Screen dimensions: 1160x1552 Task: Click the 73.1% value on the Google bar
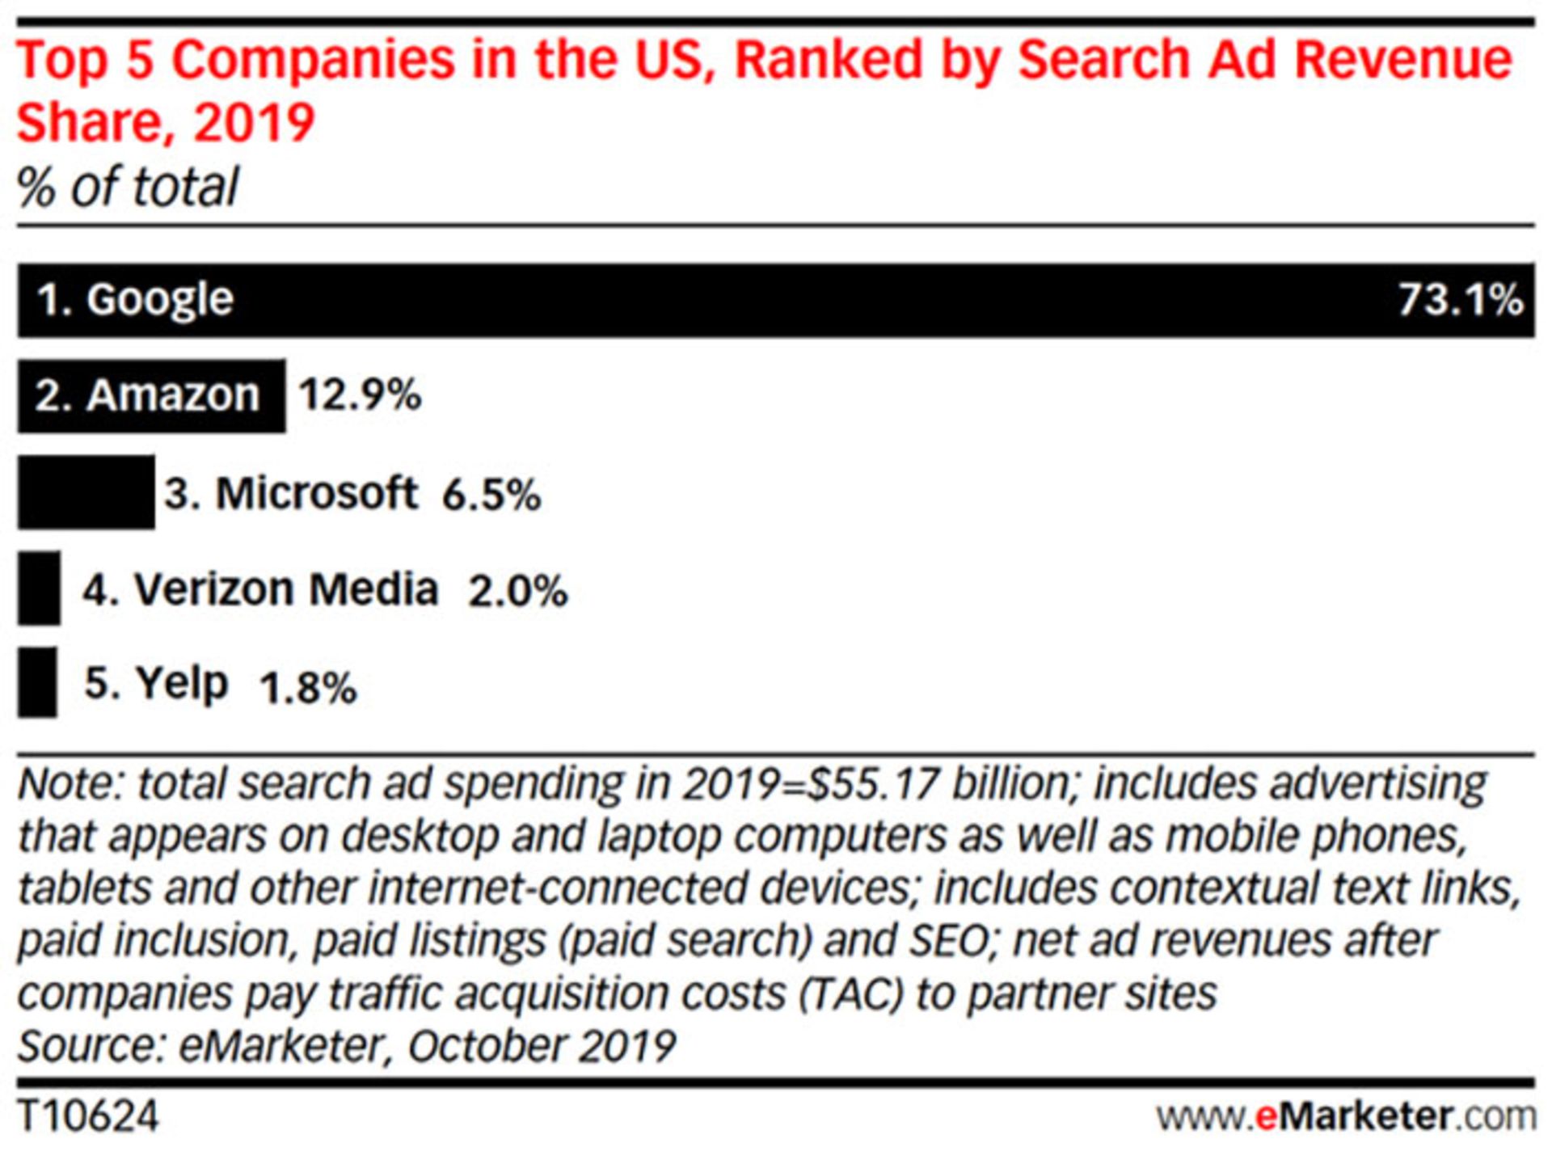coord(1460,300)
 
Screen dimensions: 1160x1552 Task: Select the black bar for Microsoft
coord(86,492)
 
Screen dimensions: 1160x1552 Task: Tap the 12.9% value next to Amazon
coord(360,395)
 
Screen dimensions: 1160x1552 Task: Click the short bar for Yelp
coord(37,682)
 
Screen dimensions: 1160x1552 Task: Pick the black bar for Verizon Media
coord(39,588)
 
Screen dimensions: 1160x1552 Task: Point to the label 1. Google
coord(135,300)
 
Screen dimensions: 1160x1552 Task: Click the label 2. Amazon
coord(147,395)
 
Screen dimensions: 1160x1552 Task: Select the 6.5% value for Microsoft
coord(491,494)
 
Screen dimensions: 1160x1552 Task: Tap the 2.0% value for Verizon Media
coord(517,591)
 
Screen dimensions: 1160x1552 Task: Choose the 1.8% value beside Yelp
coord(307,688)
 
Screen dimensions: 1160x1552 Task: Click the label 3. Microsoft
coord(291,492)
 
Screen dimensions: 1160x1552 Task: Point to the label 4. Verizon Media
coord(260,588)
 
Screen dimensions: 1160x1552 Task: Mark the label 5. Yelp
coord(157,683)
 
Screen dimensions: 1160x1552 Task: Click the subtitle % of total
coord(128,187)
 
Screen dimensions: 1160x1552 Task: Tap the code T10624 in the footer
coord(88,1116)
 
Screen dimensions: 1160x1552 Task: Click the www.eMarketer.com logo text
coord(1346,1116)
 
